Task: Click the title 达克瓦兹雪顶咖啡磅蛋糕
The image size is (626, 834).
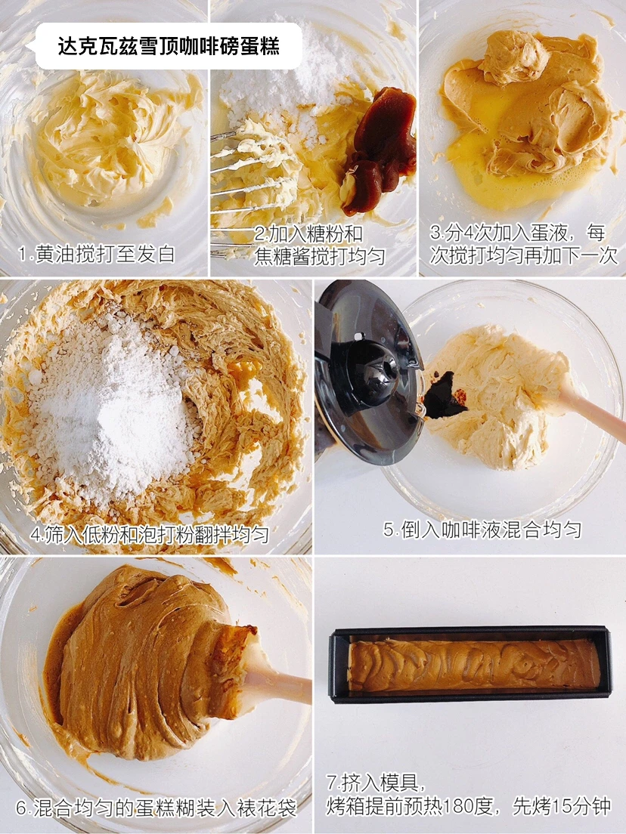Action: point(168,47)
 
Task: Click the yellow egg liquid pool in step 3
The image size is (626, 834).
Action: point(495,170)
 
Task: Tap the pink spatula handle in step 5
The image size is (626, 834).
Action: point(591,409)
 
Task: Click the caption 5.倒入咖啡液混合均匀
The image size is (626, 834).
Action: point(482,530)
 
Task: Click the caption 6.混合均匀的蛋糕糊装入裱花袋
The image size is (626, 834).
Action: point(156,808)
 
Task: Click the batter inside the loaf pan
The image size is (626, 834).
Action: point(474,665)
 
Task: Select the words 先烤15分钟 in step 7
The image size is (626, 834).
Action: point(562,806)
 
